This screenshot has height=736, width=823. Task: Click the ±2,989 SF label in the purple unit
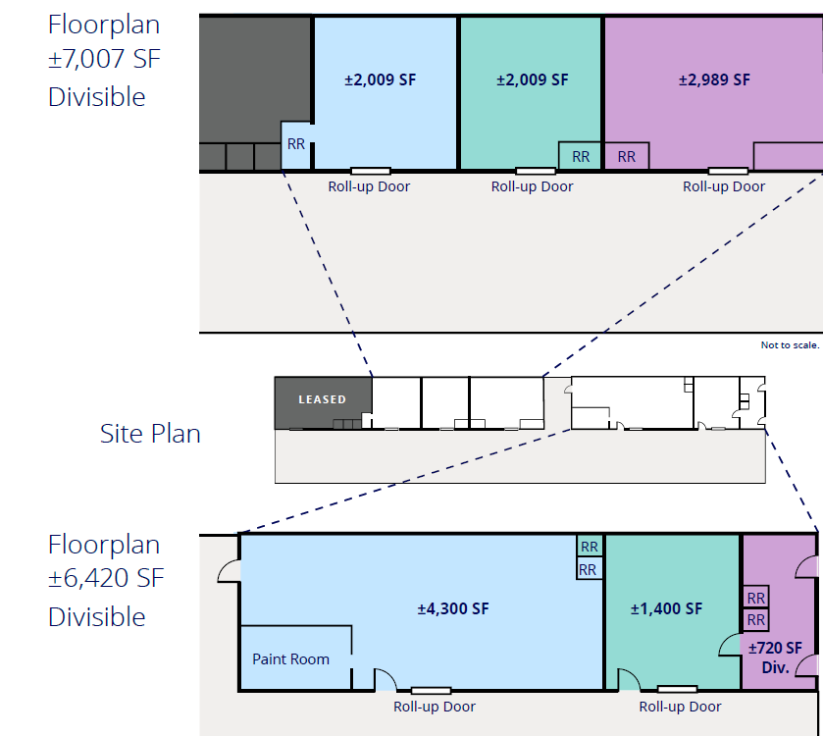[714, 79]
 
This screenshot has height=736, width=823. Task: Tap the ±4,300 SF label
[452, 608]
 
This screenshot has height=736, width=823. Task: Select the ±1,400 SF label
[666, 608]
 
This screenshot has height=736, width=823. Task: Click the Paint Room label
[290, 658]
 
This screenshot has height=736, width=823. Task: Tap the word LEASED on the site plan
[322, 399]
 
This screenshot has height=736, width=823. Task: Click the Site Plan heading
[150, 433]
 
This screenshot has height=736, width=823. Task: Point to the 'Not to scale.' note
[789, 344]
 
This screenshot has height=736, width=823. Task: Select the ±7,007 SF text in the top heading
[104, 60]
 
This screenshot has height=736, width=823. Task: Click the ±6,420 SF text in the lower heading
[106, 579]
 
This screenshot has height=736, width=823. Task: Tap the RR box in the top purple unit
[627, 156]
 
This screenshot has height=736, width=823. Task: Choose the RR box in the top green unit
[581, 156]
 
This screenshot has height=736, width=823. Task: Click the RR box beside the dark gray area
[295, 143]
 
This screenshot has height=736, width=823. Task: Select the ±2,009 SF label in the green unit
[532, 79]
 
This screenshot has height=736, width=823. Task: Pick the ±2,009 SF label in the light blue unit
[381, 79]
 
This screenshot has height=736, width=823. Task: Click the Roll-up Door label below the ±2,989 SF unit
[724, 185]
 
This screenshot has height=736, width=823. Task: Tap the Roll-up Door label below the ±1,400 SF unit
[680, 707]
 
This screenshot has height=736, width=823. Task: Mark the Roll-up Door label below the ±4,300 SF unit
[435, 707]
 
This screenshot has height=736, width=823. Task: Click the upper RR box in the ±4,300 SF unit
[590, 547]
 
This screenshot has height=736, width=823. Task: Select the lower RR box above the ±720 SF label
[756, 620]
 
